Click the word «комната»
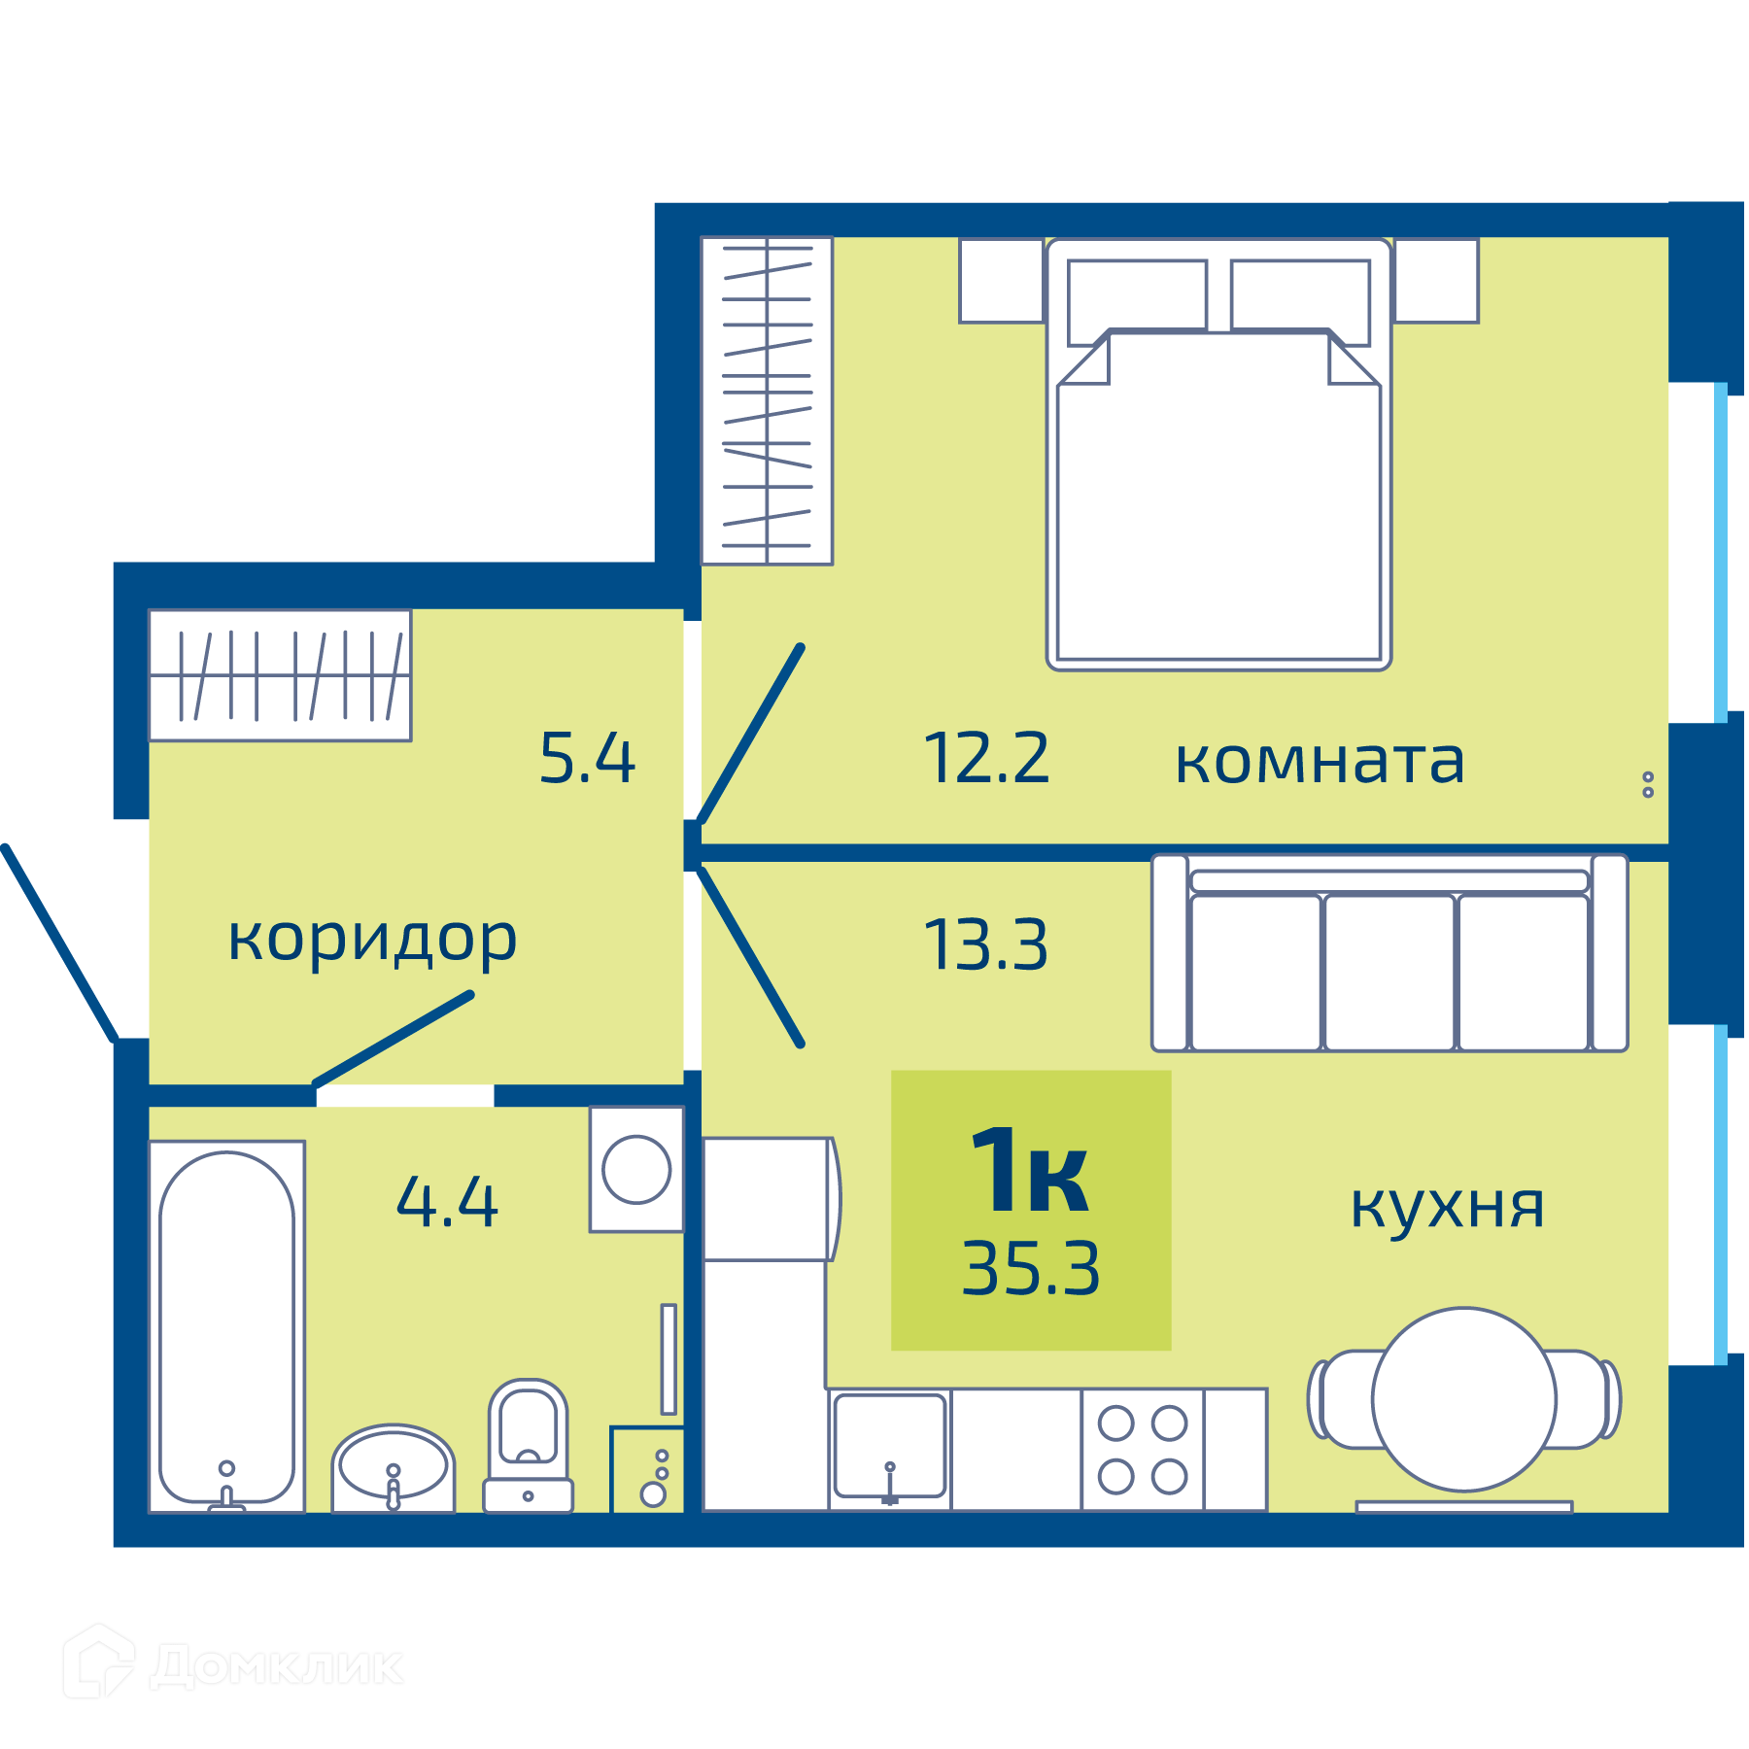(1320, 762)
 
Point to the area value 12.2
(986, 758)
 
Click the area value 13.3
(986, 944)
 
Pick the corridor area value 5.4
(587, 758)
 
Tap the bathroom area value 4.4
(447, 1202)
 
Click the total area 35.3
(1031, 1269)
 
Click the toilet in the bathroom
(529, 1446)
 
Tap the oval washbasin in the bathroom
(394, 1468)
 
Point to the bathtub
(227, 1326)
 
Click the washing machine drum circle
(636, 1170)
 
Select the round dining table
(1464, 1399)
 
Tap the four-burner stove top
(1143, 1450)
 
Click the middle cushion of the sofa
(1389, 973)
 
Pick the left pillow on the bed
(1137, 302)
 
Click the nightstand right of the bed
(1436, 280)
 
